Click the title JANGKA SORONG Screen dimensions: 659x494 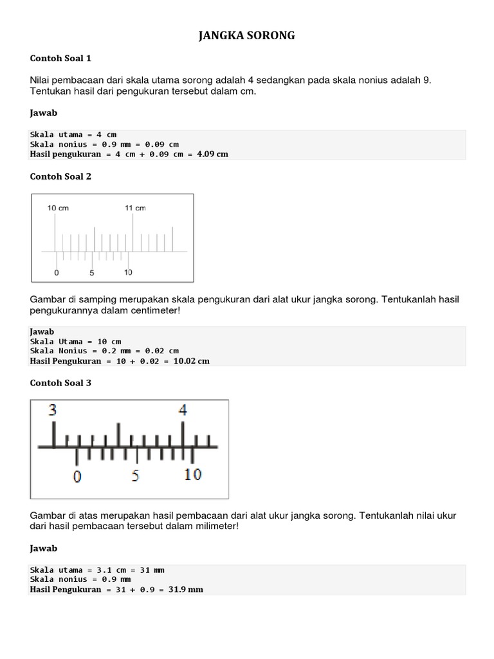point(246,36)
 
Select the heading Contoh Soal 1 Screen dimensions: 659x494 point(60,59)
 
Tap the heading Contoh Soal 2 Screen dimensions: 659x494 point(60,176)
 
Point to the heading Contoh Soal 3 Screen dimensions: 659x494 point(60,383)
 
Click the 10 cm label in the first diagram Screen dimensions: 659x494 point(58,208)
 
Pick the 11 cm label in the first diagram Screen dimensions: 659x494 point(135,208)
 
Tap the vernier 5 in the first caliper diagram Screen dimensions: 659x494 point(92,273)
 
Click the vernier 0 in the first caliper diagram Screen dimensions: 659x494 point(57,273)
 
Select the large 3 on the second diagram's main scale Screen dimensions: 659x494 point(53,410)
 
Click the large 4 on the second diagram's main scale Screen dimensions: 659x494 point(183,410)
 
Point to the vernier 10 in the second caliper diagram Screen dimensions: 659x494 point(193,475)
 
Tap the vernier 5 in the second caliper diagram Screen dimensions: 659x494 point(136,476)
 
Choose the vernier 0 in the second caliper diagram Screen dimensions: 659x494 point(78,476)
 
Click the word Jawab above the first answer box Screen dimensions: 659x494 point(44,113)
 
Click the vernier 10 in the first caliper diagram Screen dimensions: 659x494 point(128,272)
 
